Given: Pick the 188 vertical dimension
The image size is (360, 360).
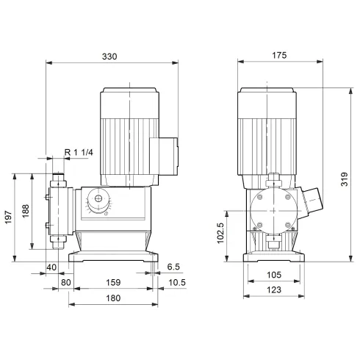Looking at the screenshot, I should pos(25,212).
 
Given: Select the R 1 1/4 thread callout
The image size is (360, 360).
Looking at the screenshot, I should pos(79,151).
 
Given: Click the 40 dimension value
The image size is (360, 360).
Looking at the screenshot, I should pos(51,267).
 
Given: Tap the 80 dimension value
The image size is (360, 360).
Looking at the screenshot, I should pos(65,281).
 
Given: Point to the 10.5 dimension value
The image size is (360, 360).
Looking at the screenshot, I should pos(176,281).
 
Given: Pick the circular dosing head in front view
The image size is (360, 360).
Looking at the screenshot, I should pos(273,210).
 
